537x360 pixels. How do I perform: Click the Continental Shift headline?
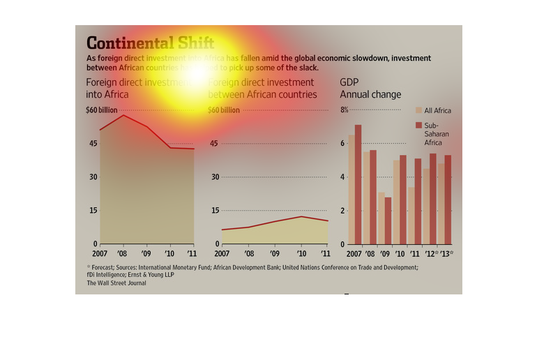point(150,42)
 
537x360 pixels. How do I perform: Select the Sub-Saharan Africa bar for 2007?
point(358,184)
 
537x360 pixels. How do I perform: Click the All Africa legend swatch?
point(418,110)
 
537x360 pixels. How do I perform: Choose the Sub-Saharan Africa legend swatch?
point(418,125)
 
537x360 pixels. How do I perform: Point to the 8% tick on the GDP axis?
point(344,110)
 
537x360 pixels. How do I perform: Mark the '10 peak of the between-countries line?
point(301,216)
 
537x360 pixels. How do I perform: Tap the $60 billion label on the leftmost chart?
point(101,110)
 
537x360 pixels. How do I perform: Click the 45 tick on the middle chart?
point(214,144)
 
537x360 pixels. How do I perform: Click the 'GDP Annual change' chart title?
point(370,89)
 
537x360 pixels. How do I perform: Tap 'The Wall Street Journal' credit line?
point(116,283)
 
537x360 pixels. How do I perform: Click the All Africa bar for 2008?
point(366,197)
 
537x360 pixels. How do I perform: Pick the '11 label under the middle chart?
point(324,253)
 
